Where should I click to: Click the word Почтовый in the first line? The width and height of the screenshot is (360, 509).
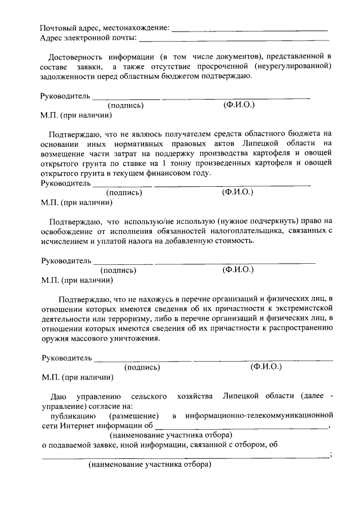click(x=57, y=28)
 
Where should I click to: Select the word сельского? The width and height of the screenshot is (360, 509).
click(x=148, y=397)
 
